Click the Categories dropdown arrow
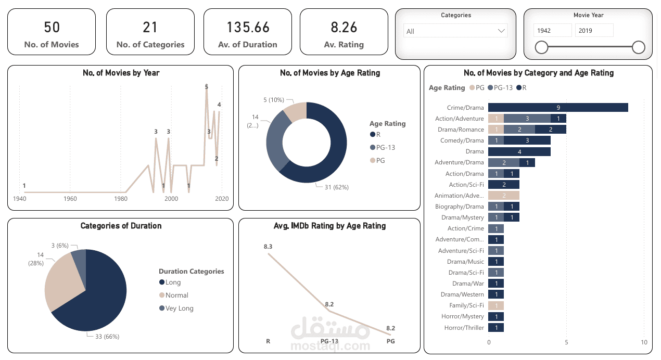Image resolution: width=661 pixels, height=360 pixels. coord(502,31)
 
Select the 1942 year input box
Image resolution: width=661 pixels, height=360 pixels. coord(553,31)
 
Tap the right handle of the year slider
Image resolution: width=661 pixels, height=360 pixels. coord(639,48)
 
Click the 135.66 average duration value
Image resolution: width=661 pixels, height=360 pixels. coord(248,27)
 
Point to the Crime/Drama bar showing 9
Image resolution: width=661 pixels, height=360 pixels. coord(558,108)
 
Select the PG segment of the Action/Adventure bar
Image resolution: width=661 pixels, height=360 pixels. coord(496,119)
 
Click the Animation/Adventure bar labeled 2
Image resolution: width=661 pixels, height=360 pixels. coord(504,196)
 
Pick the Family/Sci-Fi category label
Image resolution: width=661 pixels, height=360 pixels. coord(466,305)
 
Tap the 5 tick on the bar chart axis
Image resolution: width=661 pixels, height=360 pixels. coord(566,342)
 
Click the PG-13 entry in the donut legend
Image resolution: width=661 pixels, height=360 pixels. coord(386,147)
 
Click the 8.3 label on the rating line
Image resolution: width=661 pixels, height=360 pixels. coord(268,246)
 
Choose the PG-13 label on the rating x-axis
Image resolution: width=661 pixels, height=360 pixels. coord(329,341)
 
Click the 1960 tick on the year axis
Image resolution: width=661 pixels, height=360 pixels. coord(70,199)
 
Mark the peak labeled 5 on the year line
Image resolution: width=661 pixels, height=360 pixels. coord(207,87)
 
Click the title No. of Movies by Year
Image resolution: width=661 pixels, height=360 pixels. coord(121,73)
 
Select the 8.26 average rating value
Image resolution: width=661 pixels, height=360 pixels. coord(344,27)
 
